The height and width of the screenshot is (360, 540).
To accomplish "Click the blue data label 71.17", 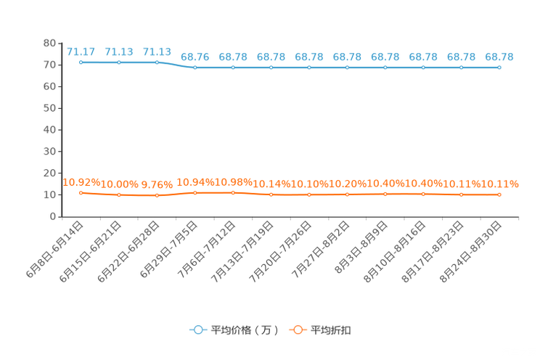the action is point(81,52).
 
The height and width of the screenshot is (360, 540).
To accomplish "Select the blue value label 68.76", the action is point(195,57).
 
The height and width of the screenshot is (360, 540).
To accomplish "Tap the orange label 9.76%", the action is point(157,184).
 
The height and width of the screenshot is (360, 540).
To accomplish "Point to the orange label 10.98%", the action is point(233,182).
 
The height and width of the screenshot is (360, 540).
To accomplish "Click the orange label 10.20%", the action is point(347,184).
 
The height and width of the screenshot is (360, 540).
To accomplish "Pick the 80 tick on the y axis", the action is point(49,43).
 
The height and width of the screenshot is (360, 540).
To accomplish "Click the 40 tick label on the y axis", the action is point(49,130).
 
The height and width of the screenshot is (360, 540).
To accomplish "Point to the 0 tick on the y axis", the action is point(53,216).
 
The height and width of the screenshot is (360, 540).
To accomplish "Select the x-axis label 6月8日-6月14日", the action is point(54,249).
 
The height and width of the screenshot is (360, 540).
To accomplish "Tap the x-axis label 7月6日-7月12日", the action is point(207,249).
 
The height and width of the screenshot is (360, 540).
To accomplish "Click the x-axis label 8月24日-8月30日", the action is point(470,252).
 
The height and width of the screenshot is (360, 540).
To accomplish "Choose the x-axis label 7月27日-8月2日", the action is point(321,249).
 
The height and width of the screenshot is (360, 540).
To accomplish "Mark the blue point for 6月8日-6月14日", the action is point(81,62).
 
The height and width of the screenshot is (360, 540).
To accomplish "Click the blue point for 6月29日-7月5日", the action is point(195,67).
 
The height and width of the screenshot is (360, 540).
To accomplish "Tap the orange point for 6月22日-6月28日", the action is point(157,195).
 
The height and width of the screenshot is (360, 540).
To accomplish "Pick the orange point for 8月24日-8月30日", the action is point(499,195).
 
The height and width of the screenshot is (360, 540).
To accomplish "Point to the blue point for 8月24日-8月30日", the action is point(499,67).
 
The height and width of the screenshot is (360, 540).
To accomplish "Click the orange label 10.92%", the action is point(81,182).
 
